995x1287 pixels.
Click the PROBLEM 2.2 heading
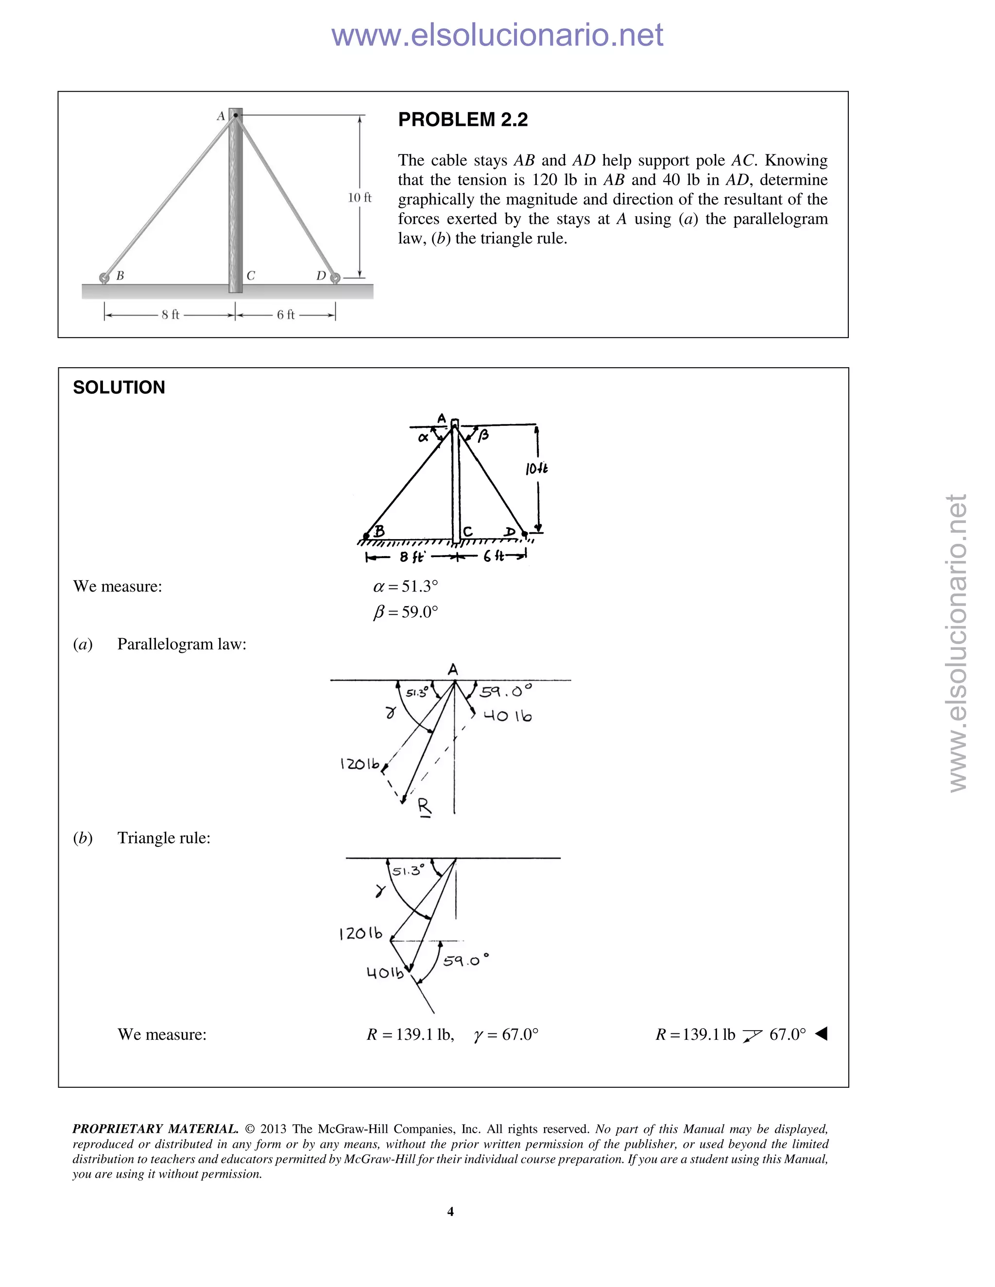[x=463, y=119]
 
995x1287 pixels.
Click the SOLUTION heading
[x=119, y=387]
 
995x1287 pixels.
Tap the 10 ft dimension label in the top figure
[x=359, y=198]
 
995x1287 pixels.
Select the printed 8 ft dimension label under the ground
[x=171, y=315]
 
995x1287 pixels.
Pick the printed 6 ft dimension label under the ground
[x=286, y=315]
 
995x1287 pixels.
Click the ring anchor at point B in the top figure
[x=104, y=277]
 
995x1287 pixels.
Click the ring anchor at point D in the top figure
[x=335, y=277]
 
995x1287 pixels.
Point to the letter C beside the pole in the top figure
[x=251, y=276]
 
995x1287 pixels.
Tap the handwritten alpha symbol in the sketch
[x=423, y=437]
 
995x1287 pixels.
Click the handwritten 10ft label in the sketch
[x=536, y=469]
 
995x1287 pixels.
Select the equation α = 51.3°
[x=406, y=586]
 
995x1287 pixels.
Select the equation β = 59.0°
[x=406, y=612]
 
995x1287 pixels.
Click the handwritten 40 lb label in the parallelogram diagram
[x=507, y=716]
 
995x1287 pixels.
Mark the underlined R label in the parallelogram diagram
[x=425, y=806]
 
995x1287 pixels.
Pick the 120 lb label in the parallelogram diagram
[x=360, y=764]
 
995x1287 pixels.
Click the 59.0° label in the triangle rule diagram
[x=465, y=961]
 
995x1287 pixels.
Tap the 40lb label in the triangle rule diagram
[x=385, y=973]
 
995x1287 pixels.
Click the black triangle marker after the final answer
[x=821, y=1033]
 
